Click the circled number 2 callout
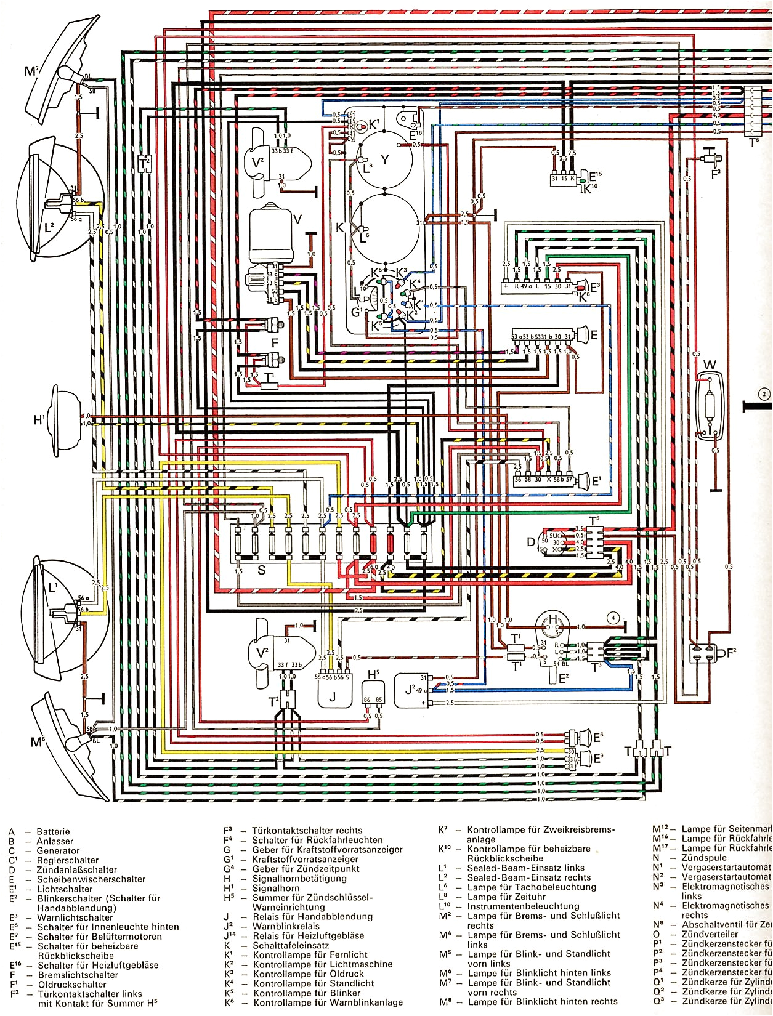point(764,394)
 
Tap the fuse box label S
point(261,570)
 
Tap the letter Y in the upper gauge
point(384,160)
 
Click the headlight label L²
point(49,228)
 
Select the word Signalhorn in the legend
point(276,888)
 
